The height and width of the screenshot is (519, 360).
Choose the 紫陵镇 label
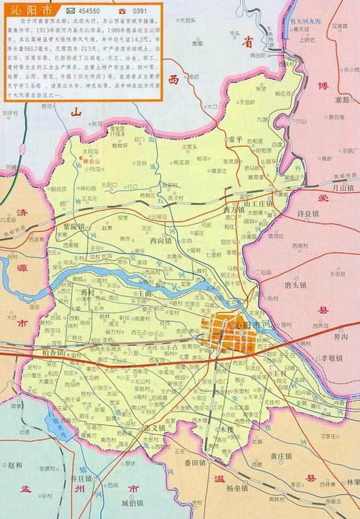pos(73,226)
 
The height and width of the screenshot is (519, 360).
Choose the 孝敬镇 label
pos(333,357)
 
